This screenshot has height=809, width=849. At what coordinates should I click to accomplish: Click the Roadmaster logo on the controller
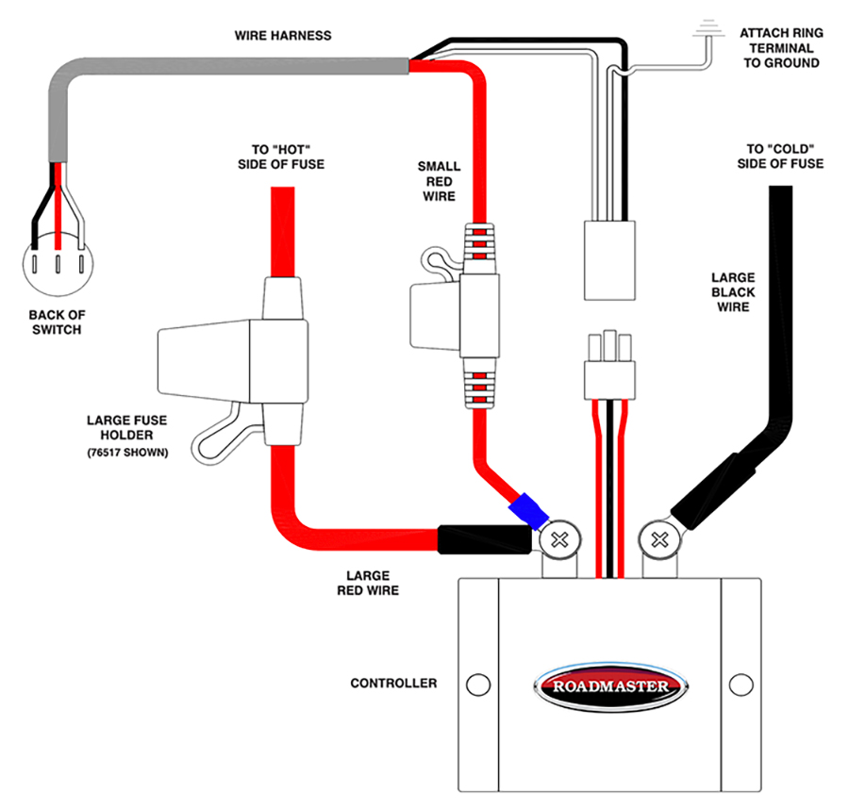coord(610,685)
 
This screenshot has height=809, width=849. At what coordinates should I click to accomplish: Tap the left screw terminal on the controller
coord(559,540)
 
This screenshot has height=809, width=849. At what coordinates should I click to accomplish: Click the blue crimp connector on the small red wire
coord(527,511)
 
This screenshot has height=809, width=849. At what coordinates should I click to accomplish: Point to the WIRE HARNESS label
coord(283,35)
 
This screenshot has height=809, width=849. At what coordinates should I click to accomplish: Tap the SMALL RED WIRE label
coord(439,181)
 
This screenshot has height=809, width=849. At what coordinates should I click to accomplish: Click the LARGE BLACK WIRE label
coord(733,292)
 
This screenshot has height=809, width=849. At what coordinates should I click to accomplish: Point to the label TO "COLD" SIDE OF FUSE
coord(779,157)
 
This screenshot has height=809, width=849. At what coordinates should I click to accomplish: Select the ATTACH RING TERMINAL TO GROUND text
coord(781,48)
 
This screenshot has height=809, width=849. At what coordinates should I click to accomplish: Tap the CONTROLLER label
coord(393,683)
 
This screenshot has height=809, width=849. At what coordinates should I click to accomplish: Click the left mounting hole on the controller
coord(478,684)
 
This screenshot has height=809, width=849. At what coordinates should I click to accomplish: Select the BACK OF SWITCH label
coord(55,322)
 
